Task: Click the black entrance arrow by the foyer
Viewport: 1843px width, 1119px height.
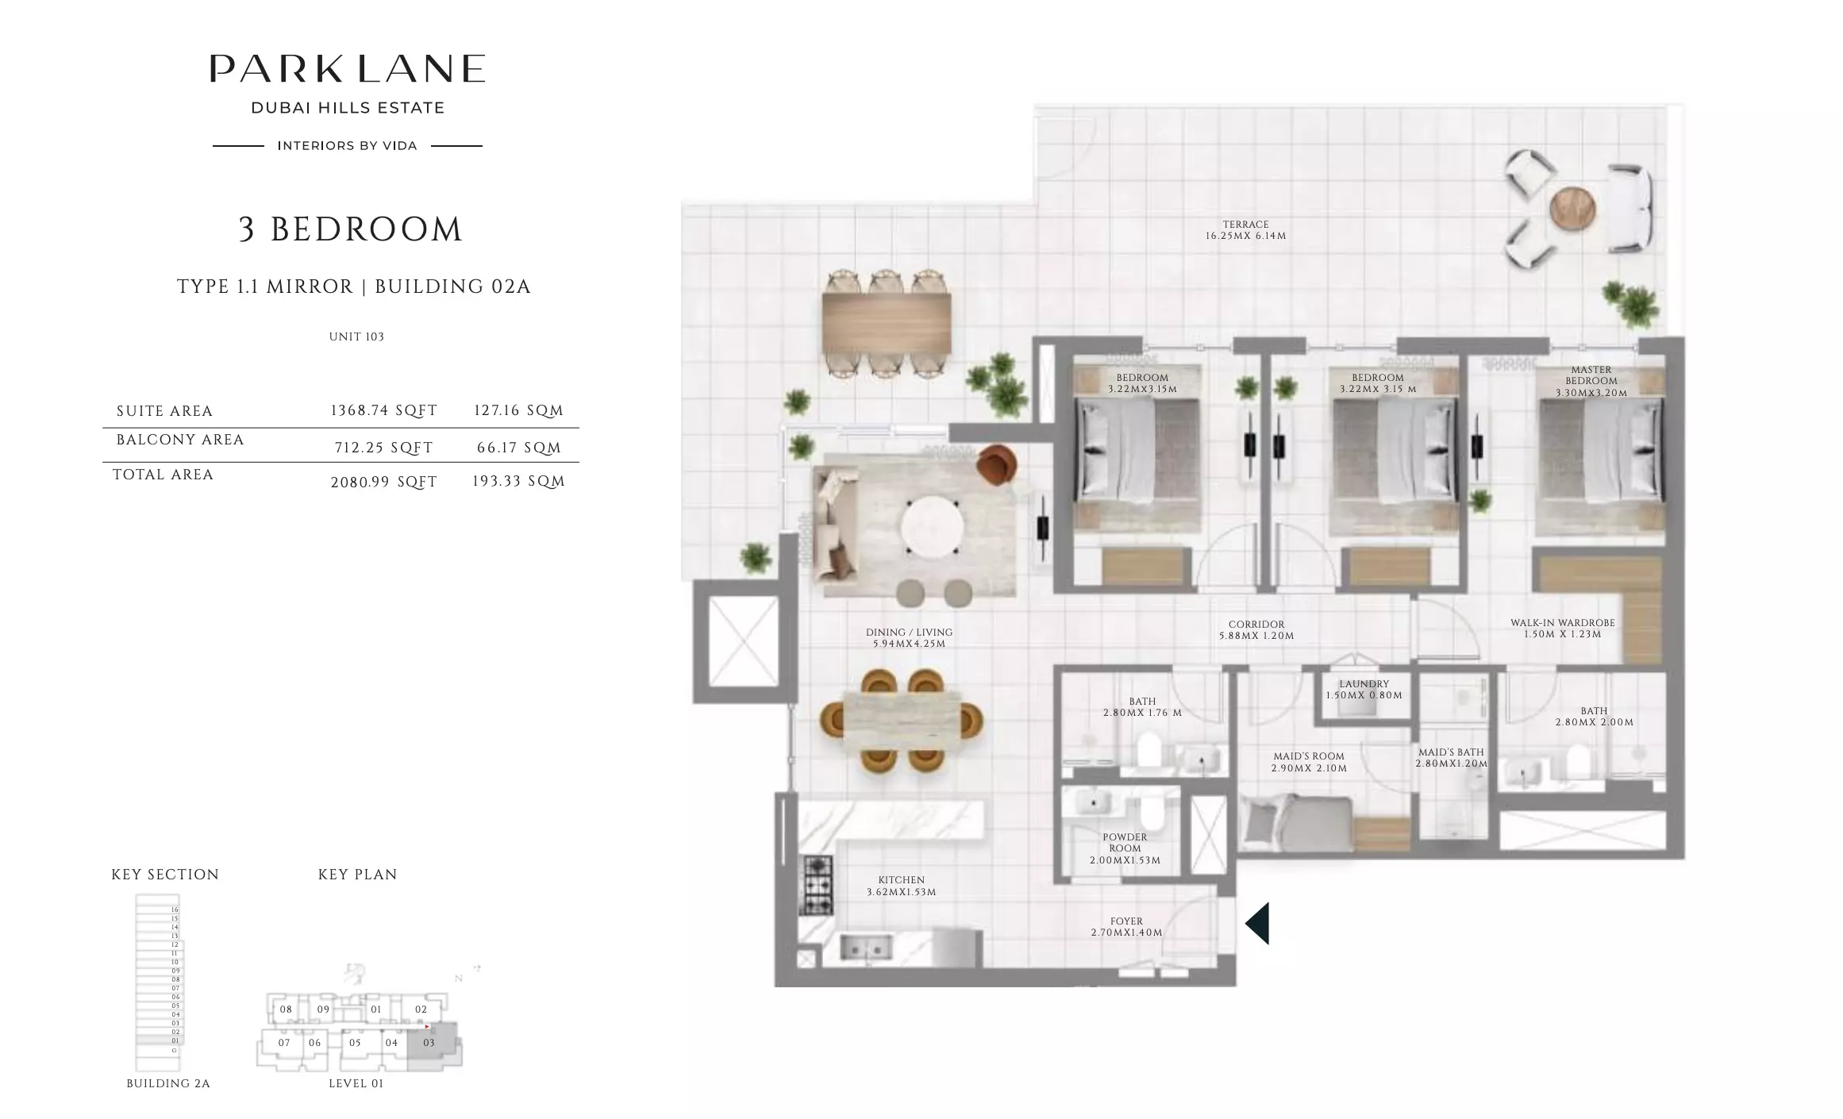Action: pyautogui.click(x=1257, y=923)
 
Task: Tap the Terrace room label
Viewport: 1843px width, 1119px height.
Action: pyautogui.click(x=1245, y=230)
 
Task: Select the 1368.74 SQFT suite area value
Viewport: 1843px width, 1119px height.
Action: pyautogui.click(x=383, y=410)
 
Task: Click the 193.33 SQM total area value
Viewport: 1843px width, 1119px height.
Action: pyautogui.click(x=518, y=481)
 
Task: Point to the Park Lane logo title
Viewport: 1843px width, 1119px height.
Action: pyautogui.click(x=348, y=69)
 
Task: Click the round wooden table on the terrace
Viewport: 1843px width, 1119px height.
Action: pyautogui.click(x=1572, y=209)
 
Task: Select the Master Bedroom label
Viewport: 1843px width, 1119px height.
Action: pyautogui.click(x=1591, y=381)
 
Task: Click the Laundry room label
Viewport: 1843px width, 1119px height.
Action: pyautogui.click(x=1364, y=689)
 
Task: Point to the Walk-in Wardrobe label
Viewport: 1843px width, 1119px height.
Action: pyautogui.click(x=1562, y=629)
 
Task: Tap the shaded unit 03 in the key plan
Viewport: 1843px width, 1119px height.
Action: pyautogui.click(x=429, y=1043)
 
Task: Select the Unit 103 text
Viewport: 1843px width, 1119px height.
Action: pyautogui.click(x=356, y=336)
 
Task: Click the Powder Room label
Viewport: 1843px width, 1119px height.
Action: pyautogui.click(x=1125, y=848)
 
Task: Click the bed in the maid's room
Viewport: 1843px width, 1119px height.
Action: pyautogui.click(x=1297, y=820)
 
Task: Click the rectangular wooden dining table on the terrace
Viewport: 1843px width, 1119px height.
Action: pyautogui.click(x=887, y=323)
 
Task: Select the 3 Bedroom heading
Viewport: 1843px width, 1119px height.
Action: pyautogui.click(x=350, y=229)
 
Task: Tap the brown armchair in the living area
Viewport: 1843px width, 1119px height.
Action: pyautogui.click(x=997, y=464)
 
